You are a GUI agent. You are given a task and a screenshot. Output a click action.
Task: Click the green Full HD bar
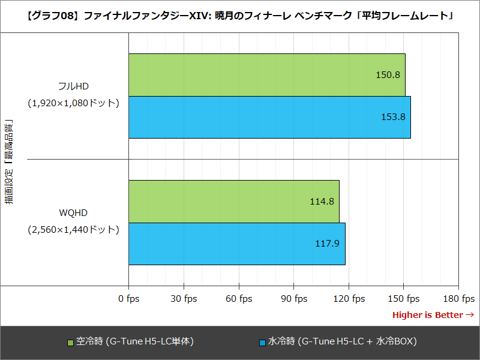[x=266, y=75]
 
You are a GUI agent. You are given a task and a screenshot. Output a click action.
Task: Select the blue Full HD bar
[x=269, y=117]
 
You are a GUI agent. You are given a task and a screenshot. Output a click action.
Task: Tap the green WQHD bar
[x=233, y=201]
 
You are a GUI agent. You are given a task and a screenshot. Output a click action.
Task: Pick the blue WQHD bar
[x=236, y=244]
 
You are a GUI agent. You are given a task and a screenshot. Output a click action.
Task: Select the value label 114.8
[x=322, y=202]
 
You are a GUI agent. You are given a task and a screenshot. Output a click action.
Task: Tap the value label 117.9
[x=328, y=244]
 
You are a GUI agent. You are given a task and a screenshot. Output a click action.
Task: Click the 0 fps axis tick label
[x=128, y=299]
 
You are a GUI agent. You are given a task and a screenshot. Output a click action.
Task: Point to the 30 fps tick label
[x=183, y=299]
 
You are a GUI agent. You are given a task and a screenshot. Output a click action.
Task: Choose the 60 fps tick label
[x=238, y=299]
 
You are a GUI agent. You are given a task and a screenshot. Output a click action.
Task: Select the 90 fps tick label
[x=293, y=299]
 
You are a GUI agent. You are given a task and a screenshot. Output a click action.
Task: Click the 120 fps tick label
[x=349, y=299]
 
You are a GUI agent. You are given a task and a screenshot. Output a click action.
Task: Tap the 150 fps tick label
[x=403, y=299]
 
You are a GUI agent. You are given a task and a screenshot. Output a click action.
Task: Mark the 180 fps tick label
[x=458, y=299]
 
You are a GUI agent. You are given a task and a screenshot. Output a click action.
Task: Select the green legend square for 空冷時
[x=70, y=343]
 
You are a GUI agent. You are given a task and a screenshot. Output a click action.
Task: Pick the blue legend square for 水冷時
[x=262, y=343]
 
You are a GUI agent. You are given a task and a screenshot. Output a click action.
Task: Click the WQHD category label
[x=73, y=213]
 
